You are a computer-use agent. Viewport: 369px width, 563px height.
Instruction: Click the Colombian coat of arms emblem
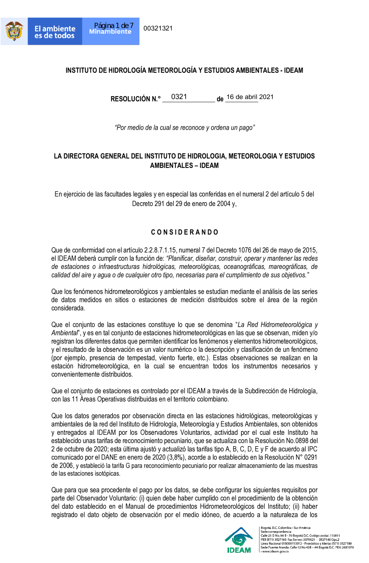click(x=14, y=31)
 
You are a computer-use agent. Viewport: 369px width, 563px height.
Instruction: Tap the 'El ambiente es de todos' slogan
click(x=55, y=32)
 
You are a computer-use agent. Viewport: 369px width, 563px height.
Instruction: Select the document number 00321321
click(x=158, y=28)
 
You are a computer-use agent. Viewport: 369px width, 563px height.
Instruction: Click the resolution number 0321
click(x=179, y=97)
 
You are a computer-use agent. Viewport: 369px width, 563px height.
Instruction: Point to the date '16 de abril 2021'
click(x=250, y=97)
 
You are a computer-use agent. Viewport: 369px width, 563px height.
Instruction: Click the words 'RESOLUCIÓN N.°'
click(x=135, y=99)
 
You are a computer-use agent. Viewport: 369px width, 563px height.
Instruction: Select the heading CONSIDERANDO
click(x=184, y=232)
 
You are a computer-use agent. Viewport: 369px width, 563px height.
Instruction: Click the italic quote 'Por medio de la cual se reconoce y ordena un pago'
click(x=184, y=128)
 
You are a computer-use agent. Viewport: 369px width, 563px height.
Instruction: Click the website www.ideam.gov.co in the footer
click(x=275, y=552)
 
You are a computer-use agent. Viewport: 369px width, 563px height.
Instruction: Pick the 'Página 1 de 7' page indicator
click(x=114, y=25)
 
